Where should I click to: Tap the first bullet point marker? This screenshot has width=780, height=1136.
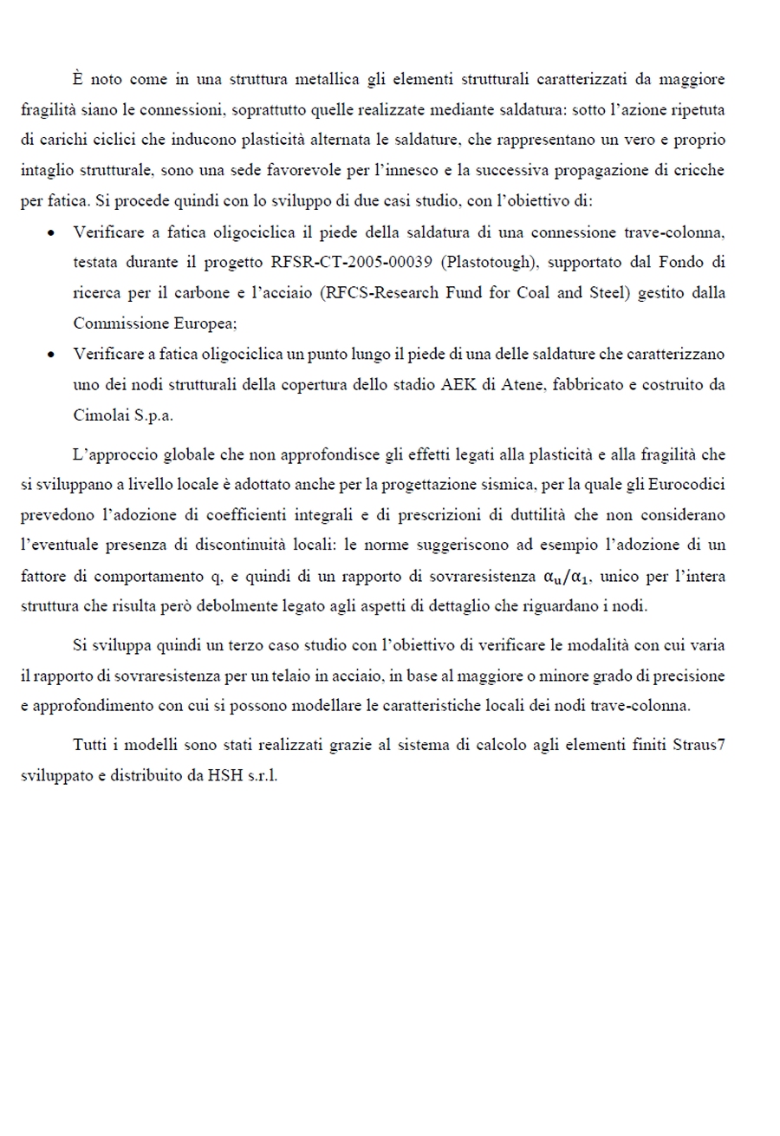[x=54, y=232]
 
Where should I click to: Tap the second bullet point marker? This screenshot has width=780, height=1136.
[x=54, y=354]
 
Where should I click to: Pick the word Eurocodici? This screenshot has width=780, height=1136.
[x=690, y=485]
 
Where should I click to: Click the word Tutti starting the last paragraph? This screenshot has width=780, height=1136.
[x=90, y=745]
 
